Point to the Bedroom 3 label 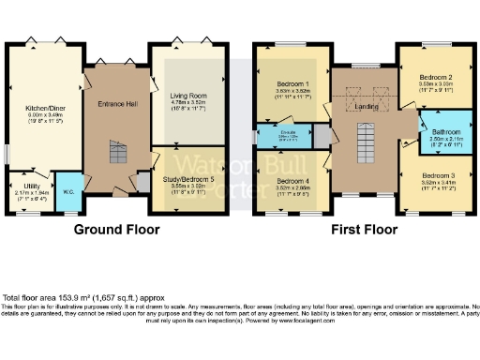(x=437, y=175)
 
